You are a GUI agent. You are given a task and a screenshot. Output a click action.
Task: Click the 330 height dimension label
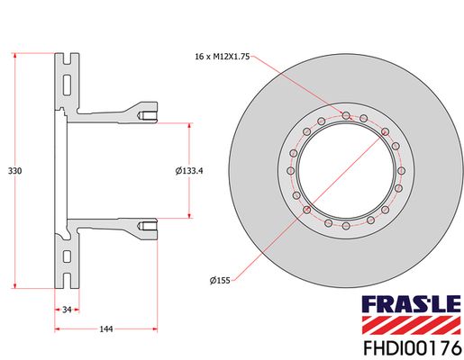(x=14, y=171)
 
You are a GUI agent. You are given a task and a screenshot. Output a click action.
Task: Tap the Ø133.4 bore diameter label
(x=189, y=171)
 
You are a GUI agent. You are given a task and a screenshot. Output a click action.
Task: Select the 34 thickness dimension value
(x=67, y=310)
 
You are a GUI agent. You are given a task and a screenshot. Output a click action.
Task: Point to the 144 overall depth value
(x=106, y=329)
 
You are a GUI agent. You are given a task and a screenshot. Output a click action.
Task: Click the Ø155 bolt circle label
(x=220, y=281)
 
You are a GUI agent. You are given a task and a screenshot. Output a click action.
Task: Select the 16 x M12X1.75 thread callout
(x=223, y=57)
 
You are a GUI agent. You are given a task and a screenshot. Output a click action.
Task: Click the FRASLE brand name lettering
(x=411, y=304)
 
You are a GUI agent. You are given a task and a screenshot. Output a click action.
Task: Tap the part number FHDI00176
(x=412, y=348)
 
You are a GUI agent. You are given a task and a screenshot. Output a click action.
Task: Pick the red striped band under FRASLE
(x=411, y=325)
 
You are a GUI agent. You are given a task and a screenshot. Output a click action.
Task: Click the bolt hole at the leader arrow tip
(x=346, y=115)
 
